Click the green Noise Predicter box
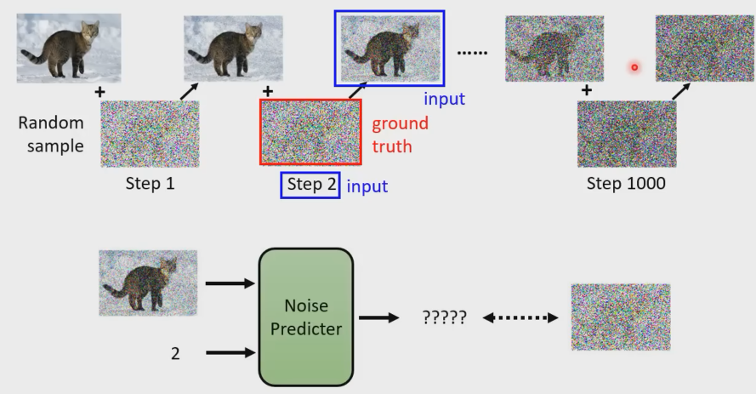tap(304, 317)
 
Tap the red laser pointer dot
tap(634, 67)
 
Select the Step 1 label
tap(150, 182)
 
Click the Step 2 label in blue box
tap(310, 184)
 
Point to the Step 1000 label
tap(627, 182)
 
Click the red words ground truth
tap(400, 134)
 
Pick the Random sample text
tap(51, 134)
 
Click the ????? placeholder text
tap(444, 318)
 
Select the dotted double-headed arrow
tap(520, 318)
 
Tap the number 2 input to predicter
tap(175, 352)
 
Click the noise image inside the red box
tap(310, 132)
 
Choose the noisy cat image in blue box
tap(389, 48)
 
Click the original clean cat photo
tap(69, 49)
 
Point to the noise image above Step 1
tap(150, 134)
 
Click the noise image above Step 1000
tap(627, 134)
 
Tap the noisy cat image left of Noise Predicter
tap(148, 284)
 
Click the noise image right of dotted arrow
tap(620, 317)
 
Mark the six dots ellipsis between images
tap(472, 53)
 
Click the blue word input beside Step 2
tap(368, 185)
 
